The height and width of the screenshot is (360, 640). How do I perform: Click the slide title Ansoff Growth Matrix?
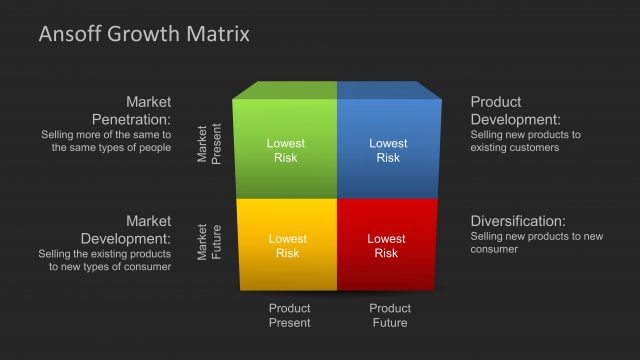coord(144,35)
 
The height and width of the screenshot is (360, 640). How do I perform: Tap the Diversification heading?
coord(518,221)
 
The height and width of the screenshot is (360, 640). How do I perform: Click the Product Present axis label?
coord(290,315)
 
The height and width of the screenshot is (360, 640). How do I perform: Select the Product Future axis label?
coord(390,315)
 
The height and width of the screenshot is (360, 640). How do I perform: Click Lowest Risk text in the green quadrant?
coord(286,150)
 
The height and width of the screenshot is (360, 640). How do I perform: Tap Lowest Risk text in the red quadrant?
coord(386,246)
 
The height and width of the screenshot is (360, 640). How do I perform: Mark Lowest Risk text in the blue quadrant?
coord(388,150)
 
